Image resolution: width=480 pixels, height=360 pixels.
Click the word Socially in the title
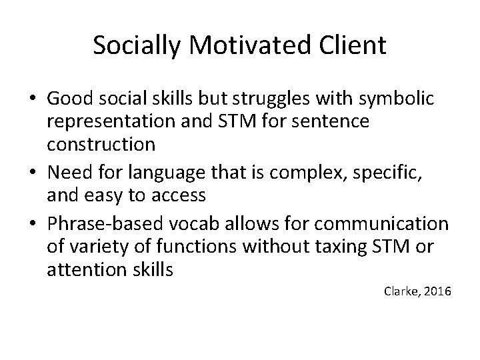click(134, 45)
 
